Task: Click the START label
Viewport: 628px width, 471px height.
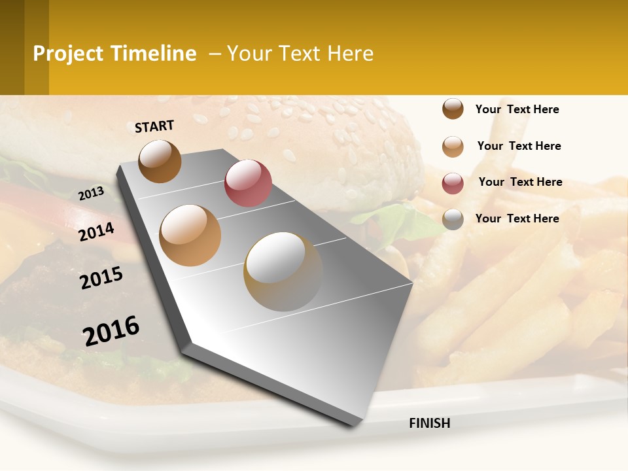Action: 154,126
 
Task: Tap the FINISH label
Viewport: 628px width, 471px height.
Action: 429,423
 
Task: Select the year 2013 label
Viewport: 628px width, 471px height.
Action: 91,193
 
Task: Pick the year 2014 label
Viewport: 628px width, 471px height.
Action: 96,232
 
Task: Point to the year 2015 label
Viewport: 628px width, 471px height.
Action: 101,278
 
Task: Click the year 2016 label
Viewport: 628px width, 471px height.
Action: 111,330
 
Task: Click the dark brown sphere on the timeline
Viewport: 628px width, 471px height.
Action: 160,161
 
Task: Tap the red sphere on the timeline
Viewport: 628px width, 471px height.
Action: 248,183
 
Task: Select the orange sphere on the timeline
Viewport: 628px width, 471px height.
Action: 190,235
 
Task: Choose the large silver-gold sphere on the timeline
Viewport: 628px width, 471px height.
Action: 283,271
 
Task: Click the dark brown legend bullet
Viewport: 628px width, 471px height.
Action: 453,109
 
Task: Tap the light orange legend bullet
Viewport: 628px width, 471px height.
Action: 453,147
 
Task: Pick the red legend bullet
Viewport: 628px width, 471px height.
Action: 453,183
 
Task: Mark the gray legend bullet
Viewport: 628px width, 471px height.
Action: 453,219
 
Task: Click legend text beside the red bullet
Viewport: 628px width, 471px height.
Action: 520,182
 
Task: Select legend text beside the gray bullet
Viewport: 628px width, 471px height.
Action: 517,218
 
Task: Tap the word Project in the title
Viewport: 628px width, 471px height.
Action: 69,54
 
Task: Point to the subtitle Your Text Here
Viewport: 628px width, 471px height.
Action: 300,54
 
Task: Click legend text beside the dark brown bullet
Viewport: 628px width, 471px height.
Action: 517,109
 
